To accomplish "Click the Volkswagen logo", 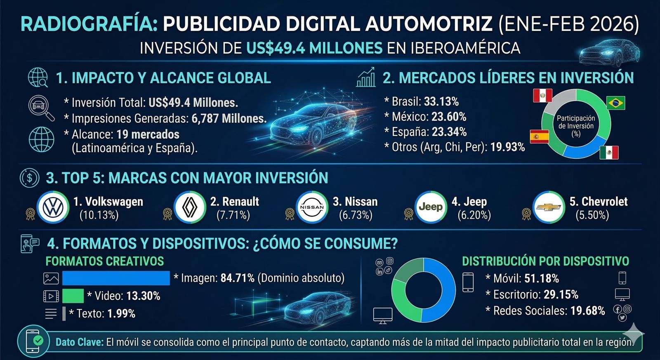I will pos(53,207).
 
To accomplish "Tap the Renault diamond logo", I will pos(190,207).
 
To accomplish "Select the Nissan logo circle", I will pos(312,207).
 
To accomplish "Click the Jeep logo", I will pos(431,207).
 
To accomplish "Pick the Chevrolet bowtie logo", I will pos(549,207).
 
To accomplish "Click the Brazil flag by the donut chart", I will pos(615,103).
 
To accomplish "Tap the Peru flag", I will pos(542,95).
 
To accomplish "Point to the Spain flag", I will pos(539,136).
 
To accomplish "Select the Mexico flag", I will pos(609,153).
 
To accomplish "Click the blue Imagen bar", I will pos(116,278).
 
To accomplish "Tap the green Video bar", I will pos(73,296).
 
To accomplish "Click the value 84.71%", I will pos(237,278).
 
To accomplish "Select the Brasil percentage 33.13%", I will pos(441,101).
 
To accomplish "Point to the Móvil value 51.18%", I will pos(542,279).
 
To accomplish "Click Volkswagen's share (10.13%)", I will pos(99,215).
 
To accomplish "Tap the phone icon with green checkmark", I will pos(33,341).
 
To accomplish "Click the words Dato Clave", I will pos(79,342).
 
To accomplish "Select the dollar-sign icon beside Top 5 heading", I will pos(30,178).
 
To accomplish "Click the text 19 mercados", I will pos(148,134).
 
